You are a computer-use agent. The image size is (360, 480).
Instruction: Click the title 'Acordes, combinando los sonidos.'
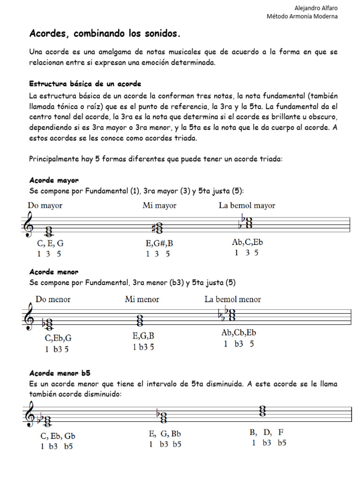pos(105,34)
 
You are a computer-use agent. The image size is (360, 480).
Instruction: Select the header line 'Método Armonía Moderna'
pos(302,16)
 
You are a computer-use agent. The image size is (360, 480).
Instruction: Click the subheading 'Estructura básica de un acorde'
pos(85,84)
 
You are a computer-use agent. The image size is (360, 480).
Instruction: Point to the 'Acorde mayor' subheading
pos(54,180)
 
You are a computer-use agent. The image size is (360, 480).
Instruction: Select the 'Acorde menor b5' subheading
pos(60,373)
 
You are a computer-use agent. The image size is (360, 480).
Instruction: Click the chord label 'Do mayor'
pos(45,205)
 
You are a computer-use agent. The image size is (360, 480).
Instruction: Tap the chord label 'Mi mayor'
pos(159,205)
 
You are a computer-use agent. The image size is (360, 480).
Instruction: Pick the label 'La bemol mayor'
pos(247,205)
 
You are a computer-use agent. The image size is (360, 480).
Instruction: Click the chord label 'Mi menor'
pos(142,299)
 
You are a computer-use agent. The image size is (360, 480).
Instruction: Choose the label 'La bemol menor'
pos(232,299)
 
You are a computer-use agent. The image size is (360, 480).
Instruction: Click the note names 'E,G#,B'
pos(160,243)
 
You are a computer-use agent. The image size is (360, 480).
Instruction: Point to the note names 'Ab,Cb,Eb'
pos(239,333)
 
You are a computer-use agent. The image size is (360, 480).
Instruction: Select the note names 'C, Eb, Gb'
pos(58,435)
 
